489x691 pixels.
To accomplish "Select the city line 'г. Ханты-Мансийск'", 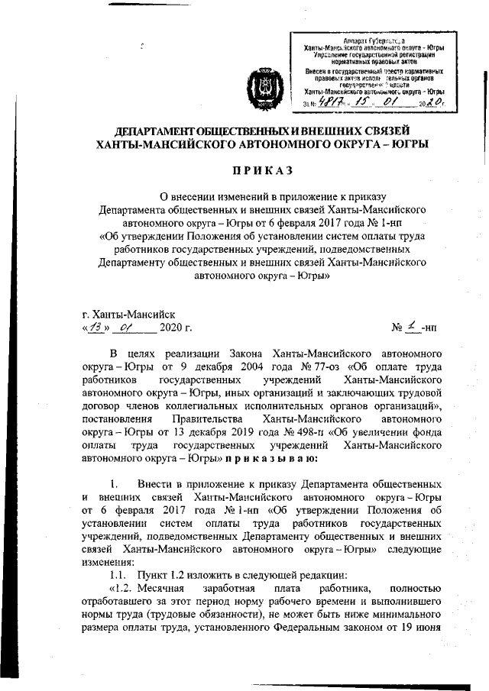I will click(128, 314).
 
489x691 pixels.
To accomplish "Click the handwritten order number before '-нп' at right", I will click(412, 328).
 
